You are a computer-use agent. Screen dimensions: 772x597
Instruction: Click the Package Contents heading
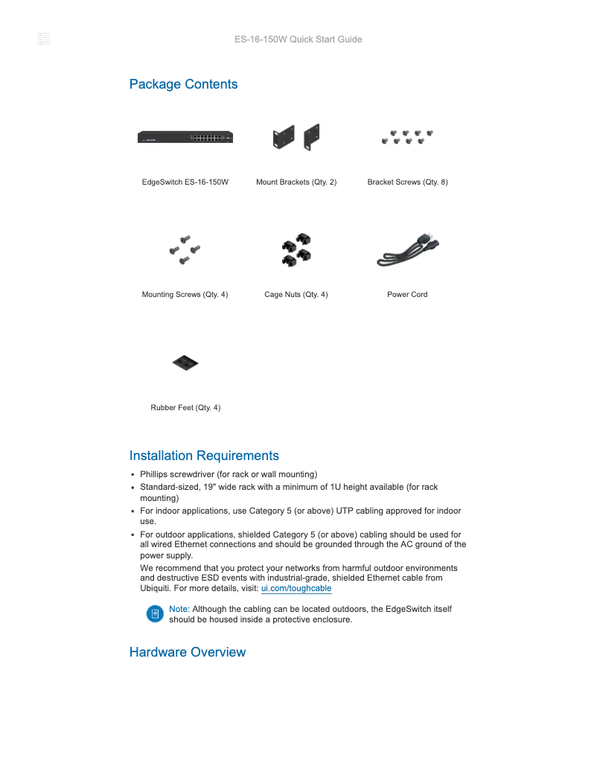pyautogui.click(x=183, y=84)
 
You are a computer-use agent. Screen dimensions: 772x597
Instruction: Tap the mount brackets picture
pyautogui.click(x=296, y=137)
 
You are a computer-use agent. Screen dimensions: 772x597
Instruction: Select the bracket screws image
pyautogui.click(x=407, y=137)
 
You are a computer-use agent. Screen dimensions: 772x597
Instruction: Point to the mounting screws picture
pyautogui.click(x=185, y=249)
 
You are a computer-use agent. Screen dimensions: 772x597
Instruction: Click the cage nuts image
pyautogui.click(x=296, y=249)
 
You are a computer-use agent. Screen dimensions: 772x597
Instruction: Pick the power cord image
pyautogui.click(x=407, y=250)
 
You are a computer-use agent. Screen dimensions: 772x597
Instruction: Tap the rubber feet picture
pyautogui.click(x=185, y=363)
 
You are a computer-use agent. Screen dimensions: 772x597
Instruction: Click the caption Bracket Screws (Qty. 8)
pyautogui.click(x=407, y=182)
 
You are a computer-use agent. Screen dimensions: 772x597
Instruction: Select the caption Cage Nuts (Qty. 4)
pyautogui.click(x=296, y=294)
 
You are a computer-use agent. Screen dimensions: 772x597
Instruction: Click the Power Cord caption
pyautogui.click(x=407, y=294)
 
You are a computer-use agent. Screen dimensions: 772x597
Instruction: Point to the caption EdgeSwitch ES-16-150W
pyautogui.click(x=185, y=182)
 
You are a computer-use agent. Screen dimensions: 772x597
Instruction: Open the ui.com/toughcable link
pyautogui.click(x=296, y=588)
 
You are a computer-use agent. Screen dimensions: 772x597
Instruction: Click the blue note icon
pyautogui.click(x=155, y=614)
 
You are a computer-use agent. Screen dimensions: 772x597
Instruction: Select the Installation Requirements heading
pyautogui.click(x=204, y=456)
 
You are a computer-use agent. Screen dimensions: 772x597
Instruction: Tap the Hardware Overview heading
pyautogui.click(x=187, y=652)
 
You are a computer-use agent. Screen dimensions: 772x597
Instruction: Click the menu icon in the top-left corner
pyautogui.click(x=43, y=39)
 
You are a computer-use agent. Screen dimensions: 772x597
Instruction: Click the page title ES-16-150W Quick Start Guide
pyautogui.click(x=298, y=39)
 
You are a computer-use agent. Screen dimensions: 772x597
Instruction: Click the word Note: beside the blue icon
pyautogui.click(x=179, y=609)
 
